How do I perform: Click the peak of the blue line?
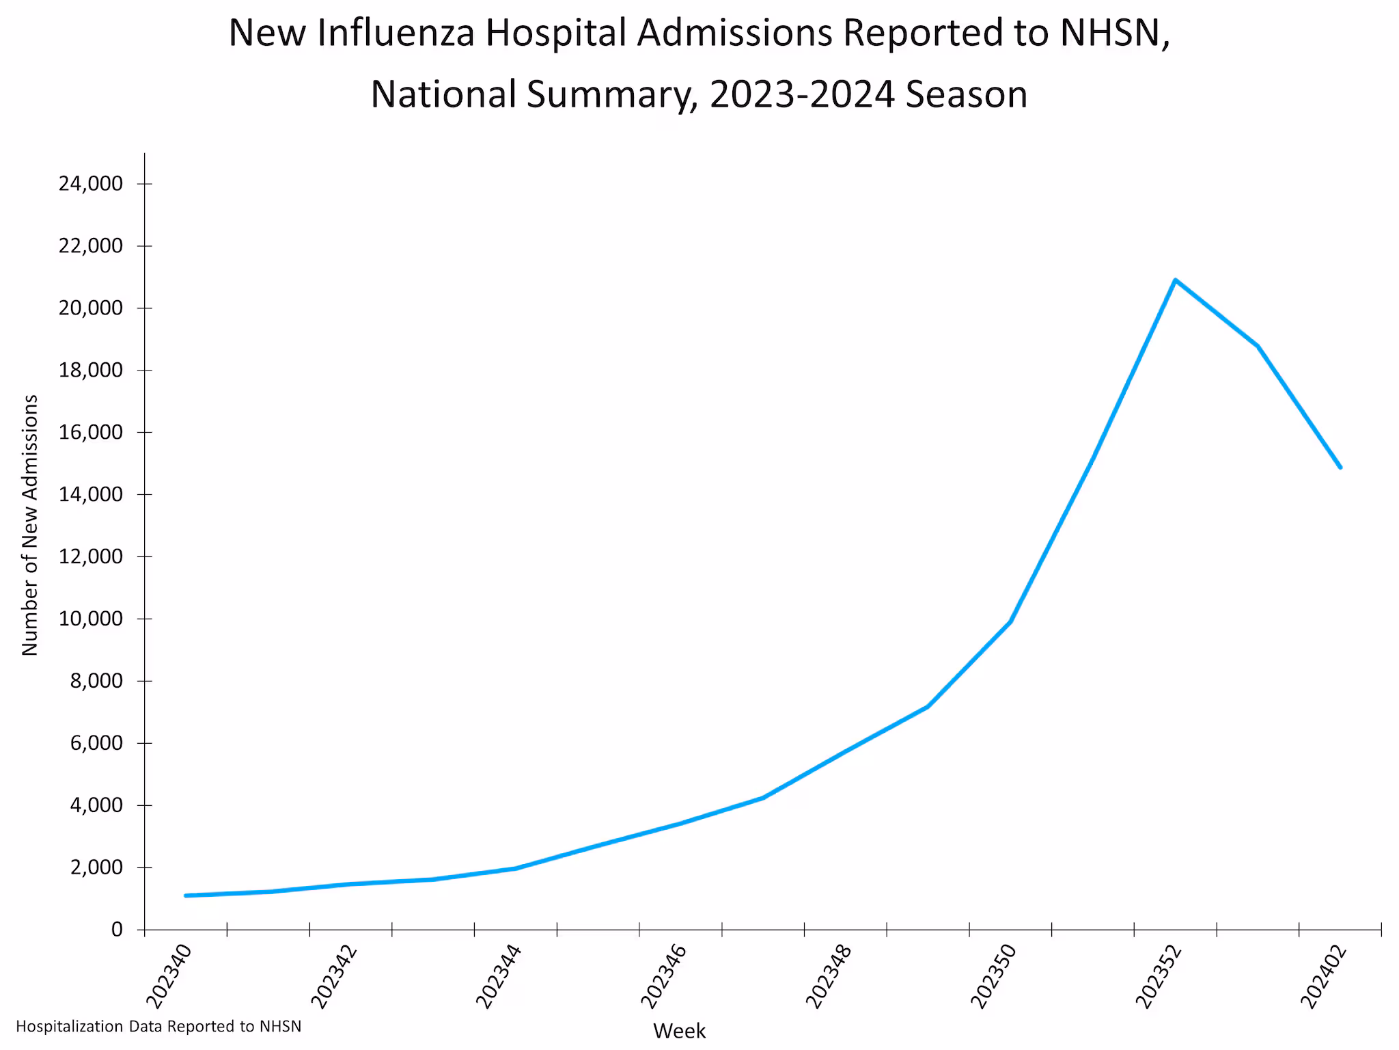(1175, 280)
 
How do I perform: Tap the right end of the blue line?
(1340, 468)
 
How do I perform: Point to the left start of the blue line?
(186, 896)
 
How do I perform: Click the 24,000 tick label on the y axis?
(90, 184)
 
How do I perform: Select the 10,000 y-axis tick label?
(90, 619)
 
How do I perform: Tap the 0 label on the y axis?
(117, 930)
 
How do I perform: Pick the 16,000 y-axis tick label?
(90, 432)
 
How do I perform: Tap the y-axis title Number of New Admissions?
(30, 525)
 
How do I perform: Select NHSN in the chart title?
(1109, 33)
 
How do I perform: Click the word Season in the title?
(966, 94)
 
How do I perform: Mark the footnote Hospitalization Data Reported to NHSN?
(158, 1027)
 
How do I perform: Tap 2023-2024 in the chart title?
(801, 94)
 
